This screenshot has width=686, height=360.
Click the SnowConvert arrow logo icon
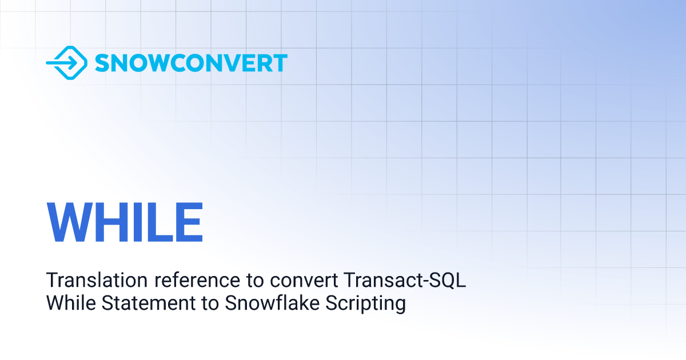pyautogui.click(x=67, y=63)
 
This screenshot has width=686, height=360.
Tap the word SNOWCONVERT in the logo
pyautogui.click(x=191, y=63)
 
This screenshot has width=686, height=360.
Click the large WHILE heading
pyautogui.click(x=125, y=222)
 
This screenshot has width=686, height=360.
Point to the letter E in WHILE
pyautogui.click(x=189, y=222)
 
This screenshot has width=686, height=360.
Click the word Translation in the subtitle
pyautogui.click(x=97, y=280)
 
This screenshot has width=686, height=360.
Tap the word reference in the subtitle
pyautogui.click(x=197, y=281)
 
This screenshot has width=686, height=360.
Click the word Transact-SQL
pyautogui.click(x=405, y=280)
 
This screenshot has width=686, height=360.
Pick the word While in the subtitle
pyautogui.click(x=71, y=303)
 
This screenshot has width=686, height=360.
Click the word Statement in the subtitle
pyautogui.click(x=149, y=303)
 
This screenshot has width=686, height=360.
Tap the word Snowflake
pyautogui.click(x=272, y=303)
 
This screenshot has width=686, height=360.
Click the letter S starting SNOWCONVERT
pyautogui.click(x=102, y=63)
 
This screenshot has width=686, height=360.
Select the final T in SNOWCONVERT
pyautogui.click(x=279, y=63)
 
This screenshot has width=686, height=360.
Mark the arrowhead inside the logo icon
pyautogui.click(x=73, y=63)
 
